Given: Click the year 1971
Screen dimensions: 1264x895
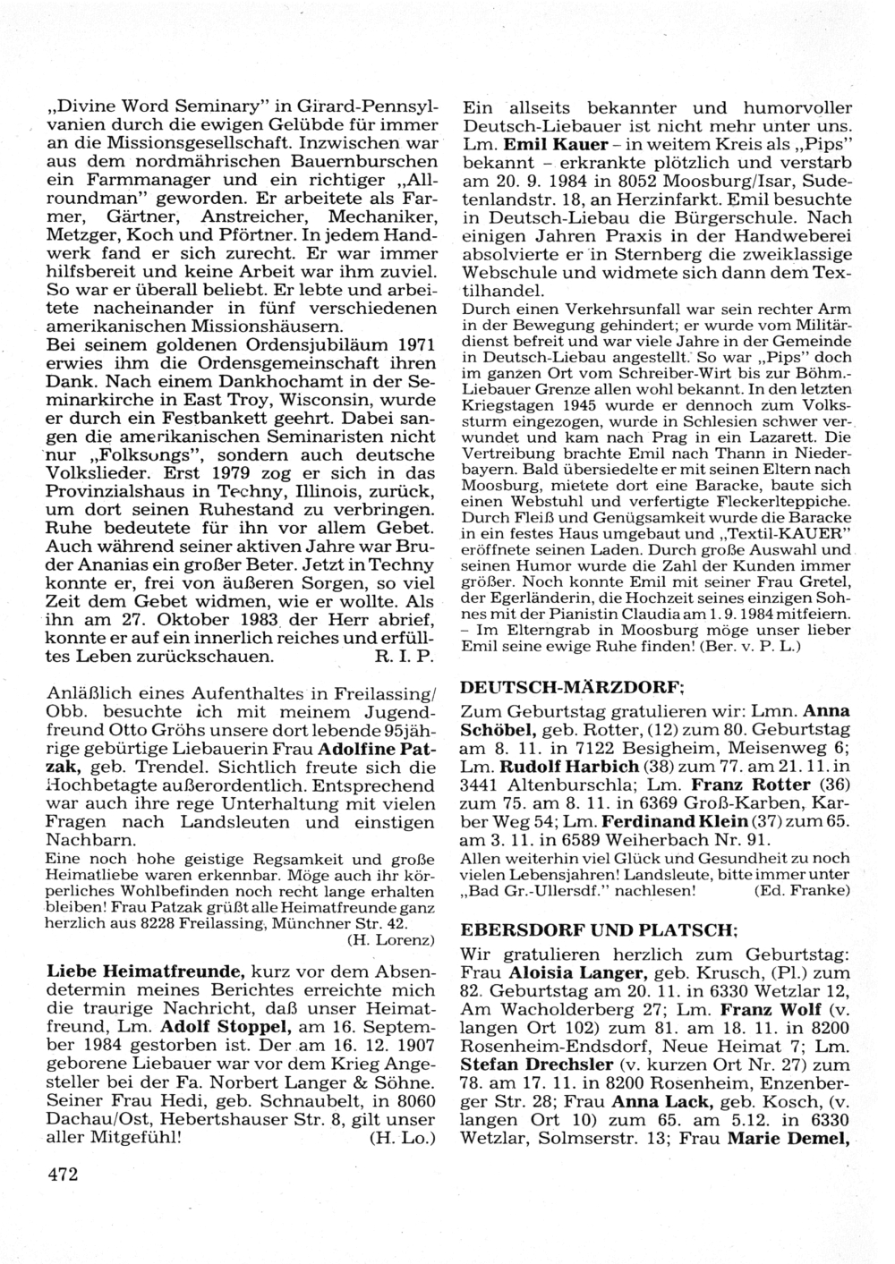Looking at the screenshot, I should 414,343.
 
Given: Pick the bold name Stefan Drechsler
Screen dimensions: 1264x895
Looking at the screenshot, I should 537,1064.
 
